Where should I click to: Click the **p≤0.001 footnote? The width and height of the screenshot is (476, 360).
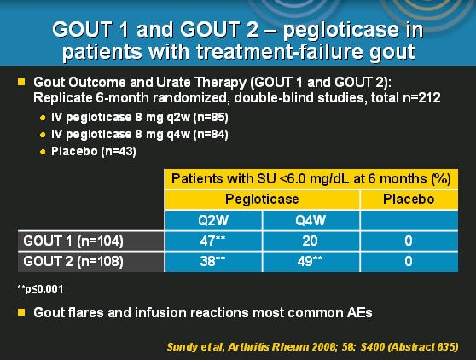point(40,287)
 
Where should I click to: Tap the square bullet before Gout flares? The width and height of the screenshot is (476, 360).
point(21,312)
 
